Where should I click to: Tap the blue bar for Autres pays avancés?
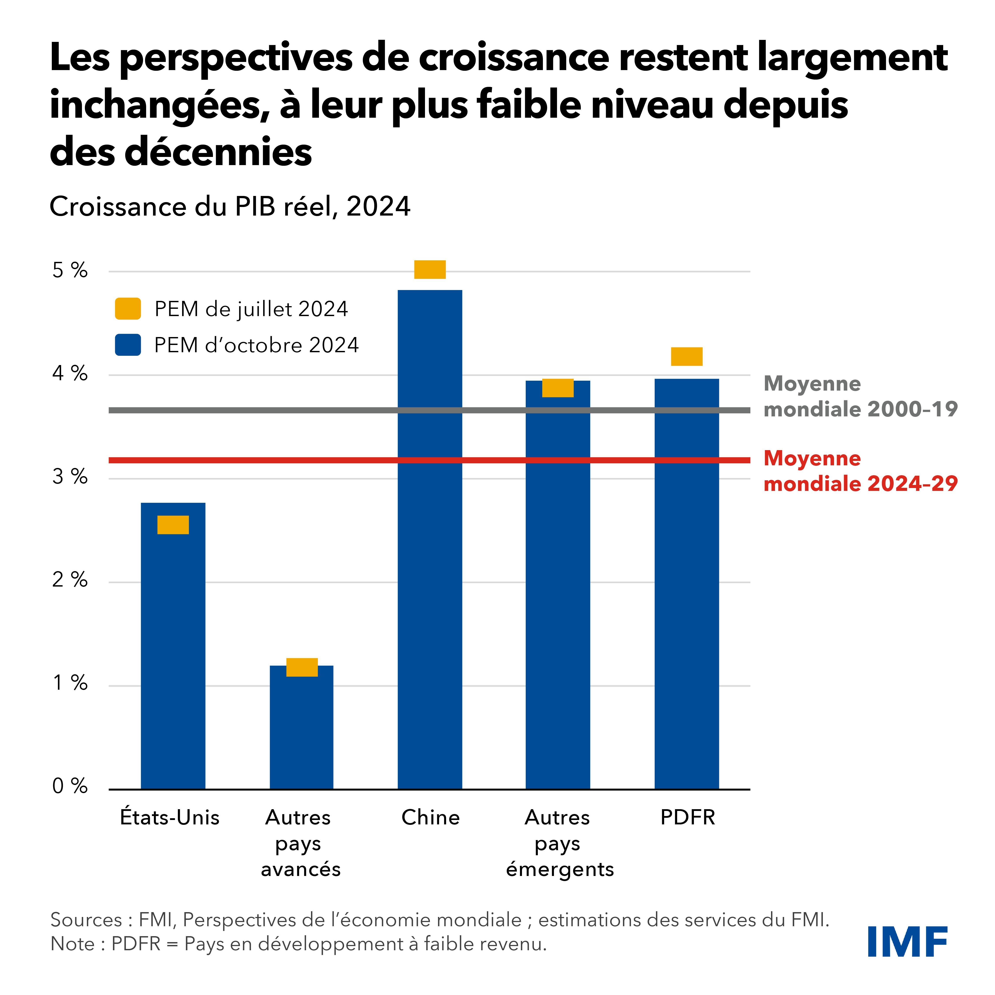tap(301, 731)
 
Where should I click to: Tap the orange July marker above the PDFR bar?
tap(686, 356)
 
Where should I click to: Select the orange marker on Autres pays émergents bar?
tap(558, 388)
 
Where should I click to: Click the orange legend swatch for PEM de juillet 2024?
tap(128, 309)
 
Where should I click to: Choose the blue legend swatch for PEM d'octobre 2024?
tap(128, 345)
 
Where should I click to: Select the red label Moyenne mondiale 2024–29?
tap(860, 471)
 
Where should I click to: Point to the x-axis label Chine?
tap(430, 817)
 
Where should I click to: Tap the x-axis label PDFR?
tap(688, 817)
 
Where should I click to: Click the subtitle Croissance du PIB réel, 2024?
tap(230, 207)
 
